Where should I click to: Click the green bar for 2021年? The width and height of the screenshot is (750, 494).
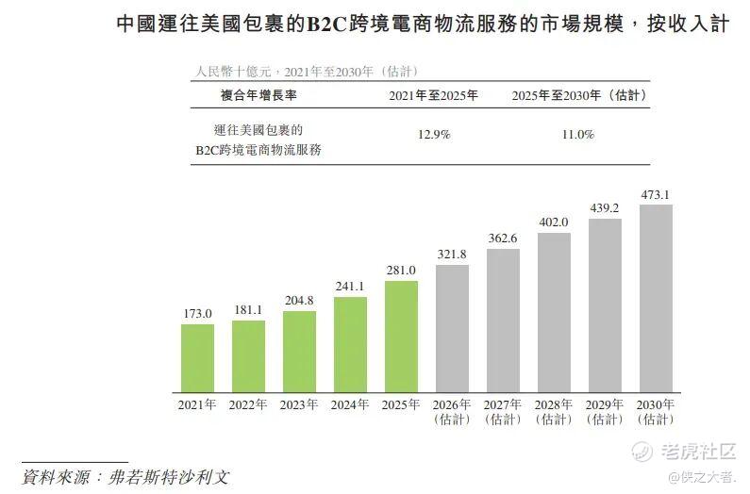point(197,358)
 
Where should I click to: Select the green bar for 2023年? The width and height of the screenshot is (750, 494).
point(299,352)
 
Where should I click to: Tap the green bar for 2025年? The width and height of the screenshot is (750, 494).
point(401,337)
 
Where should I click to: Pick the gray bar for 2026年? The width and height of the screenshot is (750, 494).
point(452,328)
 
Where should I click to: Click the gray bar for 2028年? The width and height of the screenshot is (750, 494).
point(554,313)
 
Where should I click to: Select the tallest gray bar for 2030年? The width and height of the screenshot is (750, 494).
point(656,299)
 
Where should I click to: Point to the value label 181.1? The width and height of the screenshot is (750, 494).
point(248,310)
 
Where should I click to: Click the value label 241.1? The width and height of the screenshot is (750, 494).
point(350,287)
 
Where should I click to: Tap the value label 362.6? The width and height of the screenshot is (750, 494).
point(503,239)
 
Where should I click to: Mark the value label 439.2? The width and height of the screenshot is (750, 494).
point(605,208)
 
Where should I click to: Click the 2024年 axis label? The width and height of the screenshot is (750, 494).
point(350,405)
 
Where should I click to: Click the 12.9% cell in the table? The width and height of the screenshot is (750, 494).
point(434,135)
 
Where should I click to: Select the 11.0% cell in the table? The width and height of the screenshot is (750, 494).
point(578,135)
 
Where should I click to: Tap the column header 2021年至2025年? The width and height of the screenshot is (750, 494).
point(433,95)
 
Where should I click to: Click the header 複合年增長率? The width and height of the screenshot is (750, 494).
point(258,95)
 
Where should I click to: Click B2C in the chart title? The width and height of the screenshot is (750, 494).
point(326,25)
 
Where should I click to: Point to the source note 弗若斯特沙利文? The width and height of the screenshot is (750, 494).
point(169,477)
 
